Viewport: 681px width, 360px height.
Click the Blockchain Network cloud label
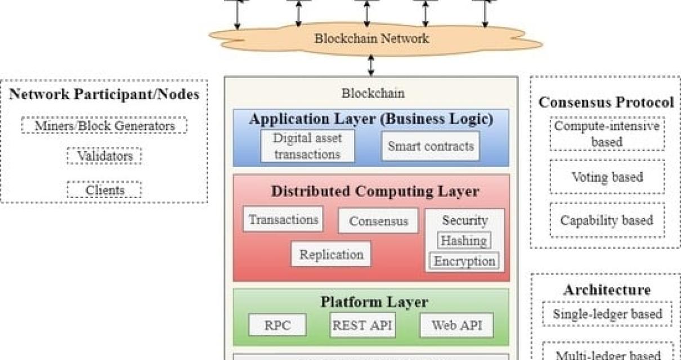(x=371, y=39)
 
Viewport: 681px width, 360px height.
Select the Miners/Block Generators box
(x=104, y=125)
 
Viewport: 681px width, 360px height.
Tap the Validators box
(x=104, y=156)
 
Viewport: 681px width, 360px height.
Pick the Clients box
(x=104, y=190)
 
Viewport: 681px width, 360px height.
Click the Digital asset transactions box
(x=307, y=146)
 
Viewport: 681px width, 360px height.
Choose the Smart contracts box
(x=431, y=146)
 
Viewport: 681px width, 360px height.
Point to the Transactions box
(x=283, y=219)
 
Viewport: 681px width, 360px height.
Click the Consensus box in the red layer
(x=378, y=221)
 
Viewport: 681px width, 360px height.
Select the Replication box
(x=331, y=254)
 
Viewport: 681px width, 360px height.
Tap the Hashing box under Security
(x=464, y=241)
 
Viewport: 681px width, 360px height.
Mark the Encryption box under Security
(x=464, y=261)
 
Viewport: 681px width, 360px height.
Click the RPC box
(x=277, y=325)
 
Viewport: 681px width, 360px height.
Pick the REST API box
(x=362, y=325)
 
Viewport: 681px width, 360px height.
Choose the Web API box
(x=456, y=325)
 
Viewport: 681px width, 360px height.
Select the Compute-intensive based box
(x=607, y=134)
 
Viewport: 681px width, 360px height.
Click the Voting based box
(x=607, y=177)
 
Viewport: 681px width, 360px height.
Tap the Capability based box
(x=607, y=220)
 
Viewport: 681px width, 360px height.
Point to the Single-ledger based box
(x=607, y=314)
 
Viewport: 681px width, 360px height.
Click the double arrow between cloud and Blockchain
(x=370, y=65)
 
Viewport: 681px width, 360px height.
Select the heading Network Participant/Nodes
(x=104, y=94)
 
